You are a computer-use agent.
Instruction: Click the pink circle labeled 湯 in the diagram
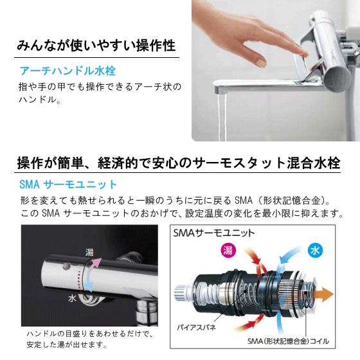[227, 250]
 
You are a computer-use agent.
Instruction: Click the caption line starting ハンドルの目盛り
[87, 334]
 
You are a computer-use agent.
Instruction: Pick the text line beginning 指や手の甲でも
[100, 86]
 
